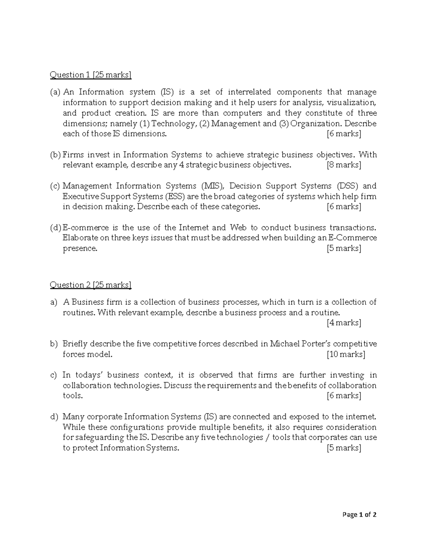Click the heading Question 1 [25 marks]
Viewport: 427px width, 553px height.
point(90,75)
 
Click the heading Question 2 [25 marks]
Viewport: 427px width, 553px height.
point(90,285)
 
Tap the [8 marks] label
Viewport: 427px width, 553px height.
point(344,165)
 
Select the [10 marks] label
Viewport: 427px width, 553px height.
point(346,355)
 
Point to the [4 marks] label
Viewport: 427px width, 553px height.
point(344,323)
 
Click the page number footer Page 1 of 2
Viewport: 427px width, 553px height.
point(359,515)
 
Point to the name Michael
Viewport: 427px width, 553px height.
point(284,344)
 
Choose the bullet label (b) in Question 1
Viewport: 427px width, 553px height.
point(56,155)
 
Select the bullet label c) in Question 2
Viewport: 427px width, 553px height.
point(54,375)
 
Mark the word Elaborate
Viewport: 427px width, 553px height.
point(78,238)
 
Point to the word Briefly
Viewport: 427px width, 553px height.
point(75,344)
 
